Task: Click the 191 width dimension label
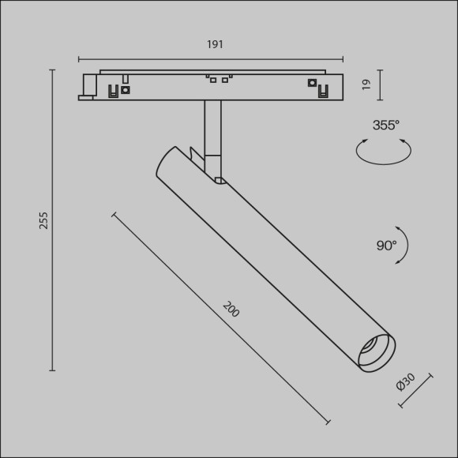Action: [215, 45]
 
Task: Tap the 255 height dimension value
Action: [44, 220]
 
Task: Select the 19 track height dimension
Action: [366, 85]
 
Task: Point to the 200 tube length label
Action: [231, 310]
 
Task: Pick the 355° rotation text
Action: [386, 125]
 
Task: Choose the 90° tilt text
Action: [386, 246]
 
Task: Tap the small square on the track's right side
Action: [312, 83]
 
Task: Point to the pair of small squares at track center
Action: [219, 79]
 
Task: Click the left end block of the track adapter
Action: [88, 86]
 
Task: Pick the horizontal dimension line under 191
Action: [211, 58]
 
